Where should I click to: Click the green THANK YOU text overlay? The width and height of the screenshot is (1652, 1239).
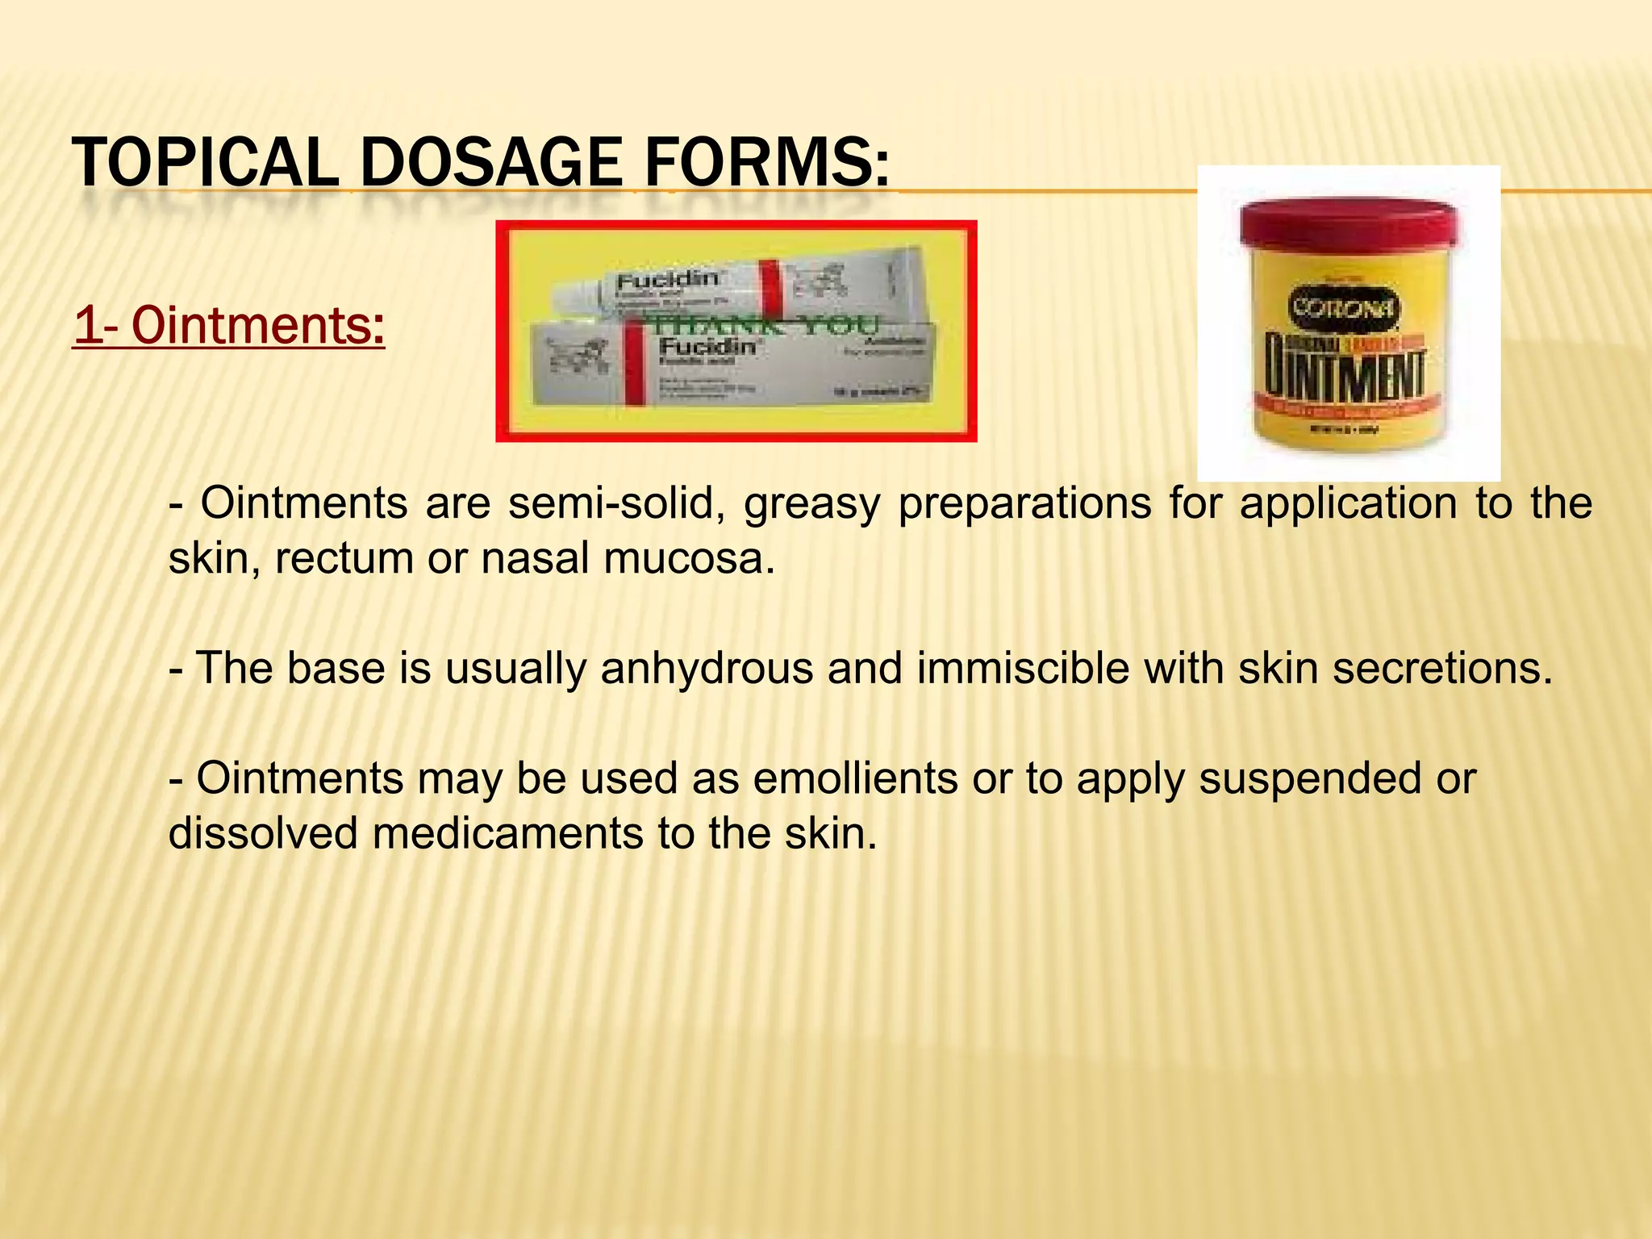coord(762,326)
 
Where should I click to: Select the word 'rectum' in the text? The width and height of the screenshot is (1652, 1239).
coord(344,558)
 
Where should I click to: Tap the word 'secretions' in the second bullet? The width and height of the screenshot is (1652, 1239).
coord(1441,668)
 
